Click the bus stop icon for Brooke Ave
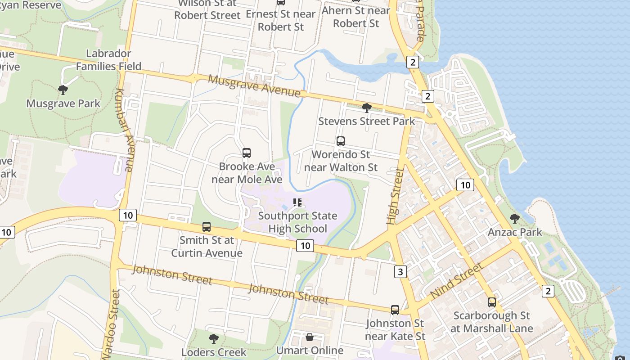click(247, 153)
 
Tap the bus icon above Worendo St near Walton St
click(341, 141)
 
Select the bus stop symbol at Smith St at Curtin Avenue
click(207, 227)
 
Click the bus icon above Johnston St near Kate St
click(395, 310)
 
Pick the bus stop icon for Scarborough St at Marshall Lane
click(492, 302)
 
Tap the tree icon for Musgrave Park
click(63, 90)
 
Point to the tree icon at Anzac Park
click(515, 219)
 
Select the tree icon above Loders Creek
click(214, 338)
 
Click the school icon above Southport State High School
click(297, 202)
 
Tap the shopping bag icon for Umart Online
click(310, 337)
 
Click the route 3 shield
click(400, 272)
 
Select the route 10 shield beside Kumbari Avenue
click(128, 215)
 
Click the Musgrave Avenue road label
click(254, 85)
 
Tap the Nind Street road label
click(456, 281)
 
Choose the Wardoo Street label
click(112, 324)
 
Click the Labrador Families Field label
click(108, 60)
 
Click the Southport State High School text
click(297, 222)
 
